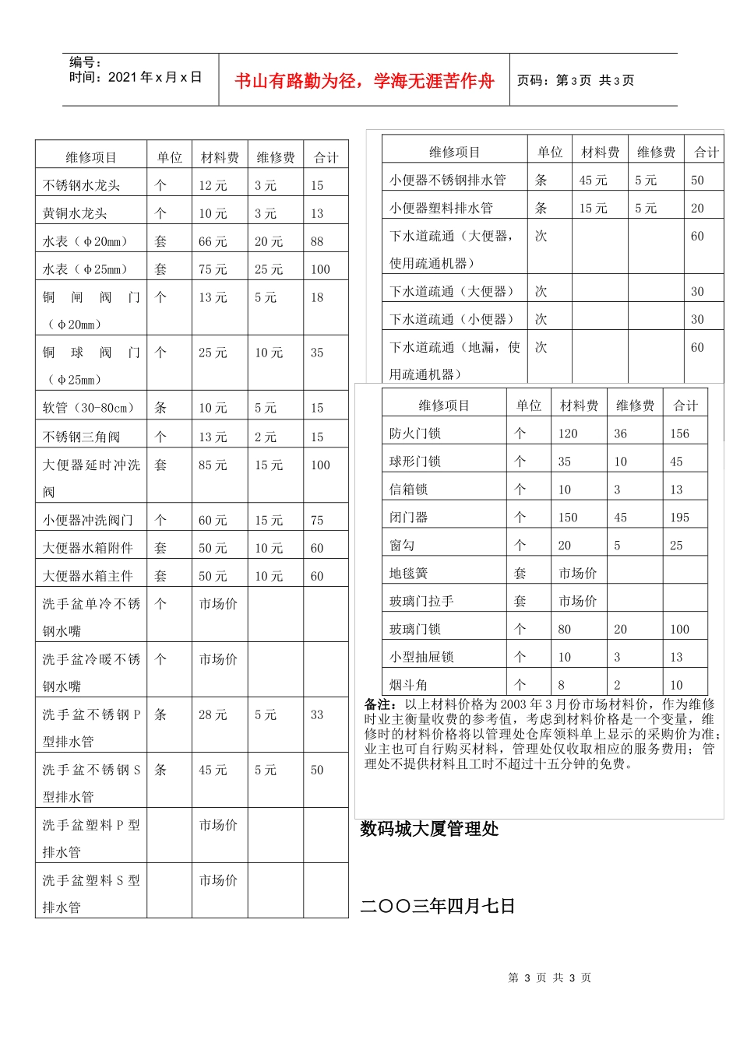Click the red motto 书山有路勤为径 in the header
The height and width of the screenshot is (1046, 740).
(x=365, y=81)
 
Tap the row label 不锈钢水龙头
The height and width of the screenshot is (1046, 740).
(x=81, y=185)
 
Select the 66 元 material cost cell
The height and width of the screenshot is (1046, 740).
(x=213, y=241)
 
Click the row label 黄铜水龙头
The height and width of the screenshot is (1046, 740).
(x=75, y=213)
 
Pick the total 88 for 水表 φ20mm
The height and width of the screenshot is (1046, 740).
(x=317, y=241)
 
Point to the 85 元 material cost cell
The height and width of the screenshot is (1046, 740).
(x=213, y=465)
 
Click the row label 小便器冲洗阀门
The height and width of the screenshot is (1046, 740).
(x=87, y=521)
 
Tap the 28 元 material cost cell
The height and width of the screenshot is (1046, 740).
(x=213, y=714)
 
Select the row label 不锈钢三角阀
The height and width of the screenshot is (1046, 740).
(x=81, y=437)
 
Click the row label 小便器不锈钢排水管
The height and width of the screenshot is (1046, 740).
(x=448, y=180)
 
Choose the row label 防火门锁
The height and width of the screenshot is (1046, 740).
(x=415, y=433)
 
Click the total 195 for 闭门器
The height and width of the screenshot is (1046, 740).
(x=679, y=518)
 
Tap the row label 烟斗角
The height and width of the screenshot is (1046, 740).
(x=408, y=685)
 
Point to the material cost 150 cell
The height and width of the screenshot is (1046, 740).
(x=568, y=518)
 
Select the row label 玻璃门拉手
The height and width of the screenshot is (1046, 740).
(x=421, y=602)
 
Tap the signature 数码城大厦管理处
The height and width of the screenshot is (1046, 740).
(x=429, y=830)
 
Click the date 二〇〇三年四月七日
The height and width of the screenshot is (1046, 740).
(x=438, y=906)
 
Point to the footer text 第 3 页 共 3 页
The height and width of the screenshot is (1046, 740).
(x=549, y=978)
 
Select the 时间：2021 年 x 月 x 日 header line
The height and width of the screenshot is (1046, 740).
(x=136, y=77)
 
